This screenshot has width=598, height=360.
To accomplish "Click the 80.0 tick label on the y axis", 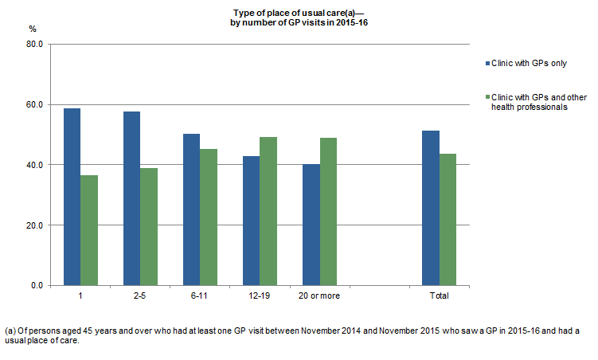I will [34, 45].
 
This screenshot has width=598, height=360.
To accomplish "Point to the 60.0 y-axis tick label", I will [34, 105].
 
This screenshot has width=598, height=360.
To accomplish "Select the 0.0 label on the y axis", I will [37, 285].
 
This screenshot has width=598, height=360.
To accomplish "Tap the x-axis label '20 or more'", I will [319, 296].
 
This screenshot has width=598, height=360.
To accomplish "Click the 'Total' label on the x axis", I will [439, 296].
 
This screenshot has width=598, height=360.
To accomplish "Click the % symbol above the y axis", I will [33, 29].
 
